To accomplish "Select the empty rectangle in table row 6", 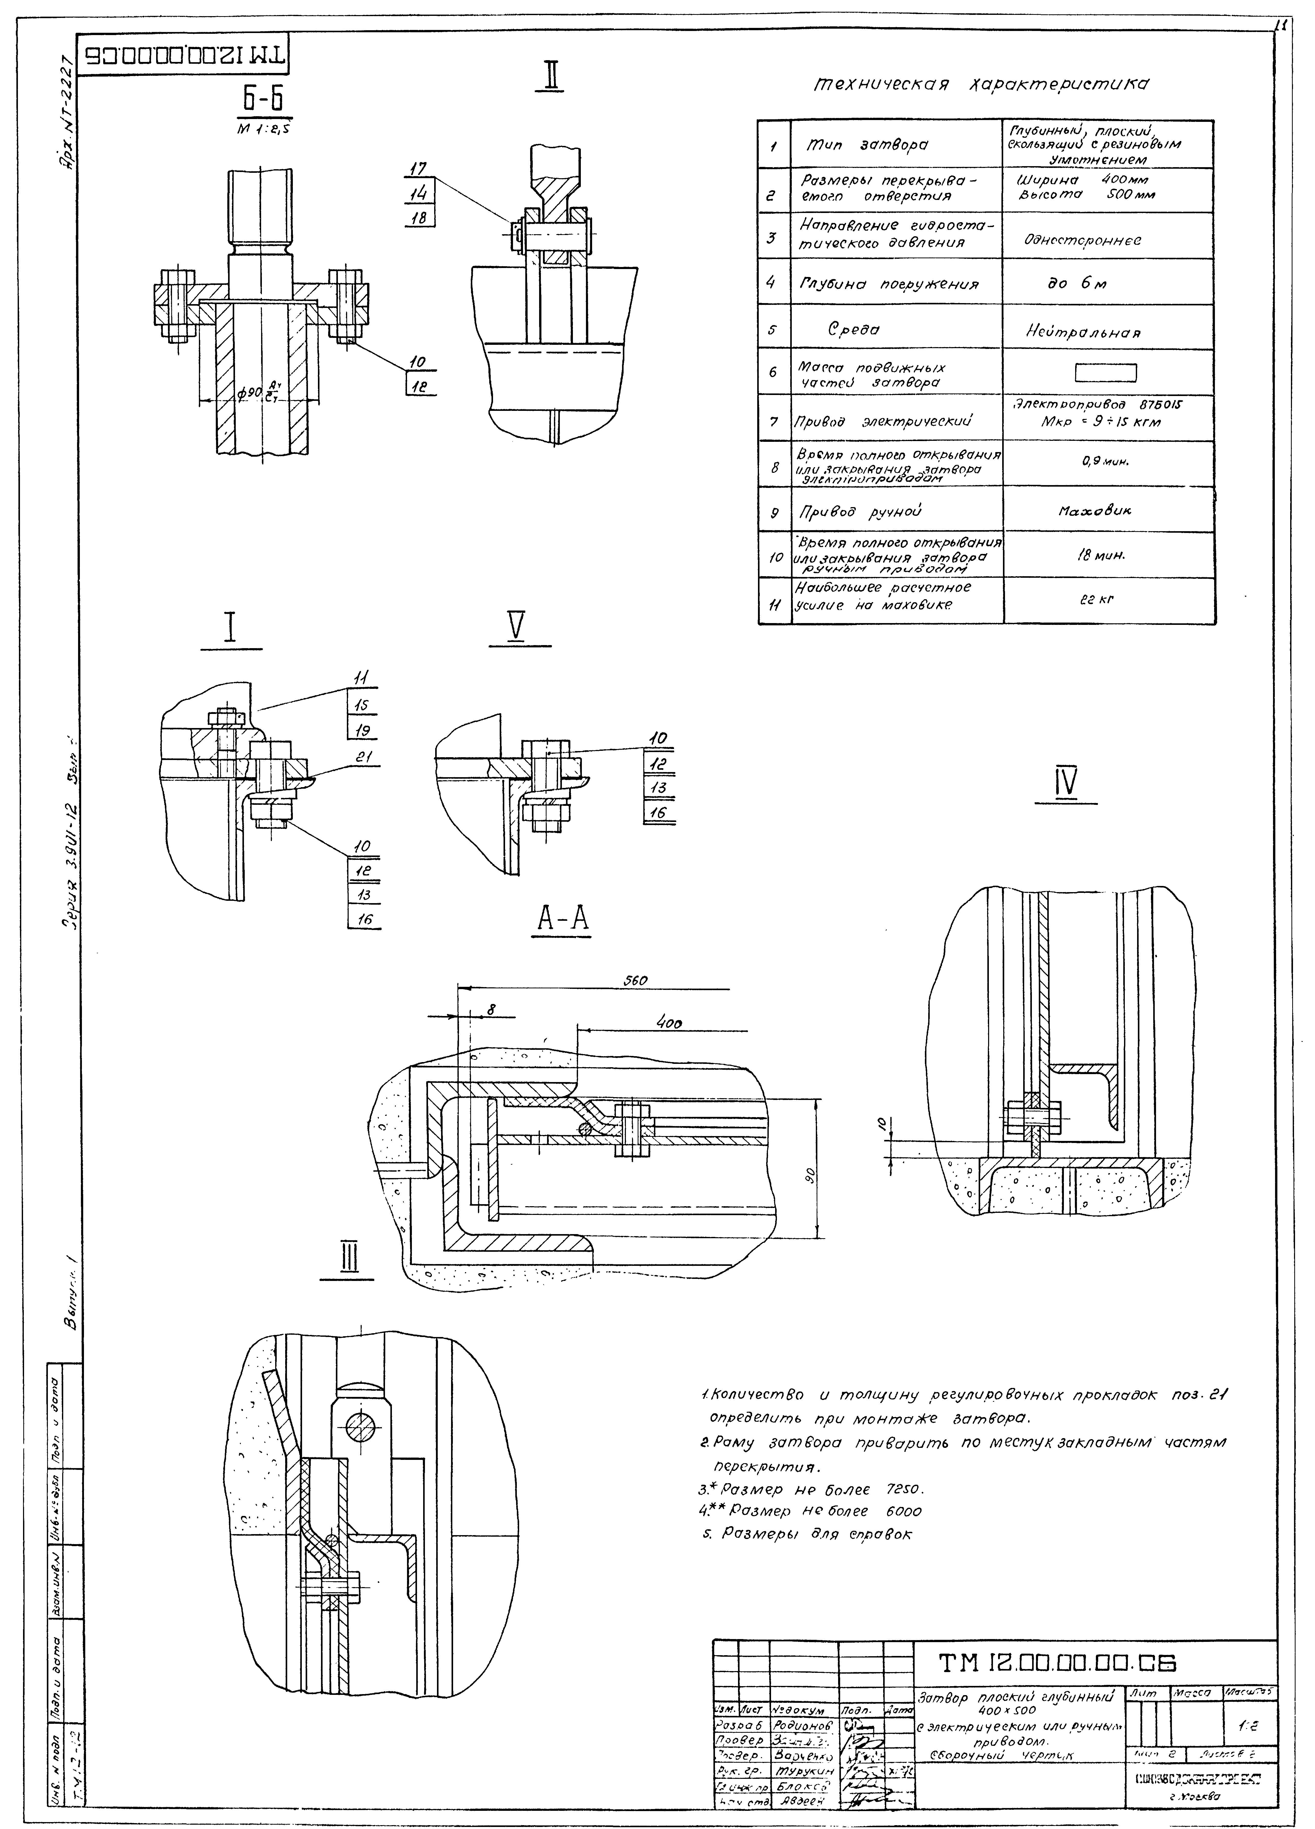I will tap(1105, 372).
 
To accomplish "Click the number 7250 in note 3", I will tap(905, 1490).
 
